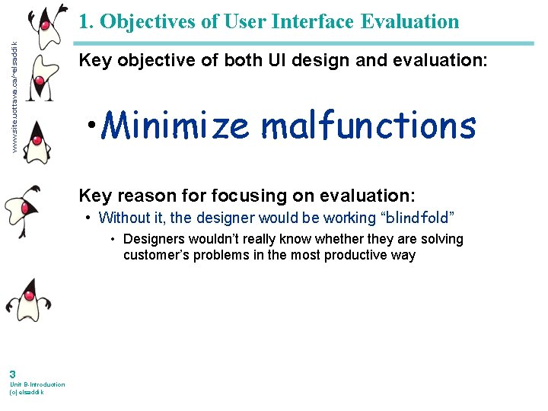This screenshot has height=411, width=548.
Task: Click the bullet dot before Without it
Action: (x=90, y=218)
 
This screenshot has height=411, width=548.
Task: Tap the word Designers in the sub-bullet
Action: (x=152, y=239)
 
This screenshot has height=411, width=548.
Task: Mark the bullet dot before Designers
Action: (x=112, y=239)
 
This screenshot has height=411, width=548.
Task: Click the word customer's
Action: (x=155, y=255)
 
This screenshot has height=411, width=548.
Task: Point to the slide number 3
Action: (x=12, y=374)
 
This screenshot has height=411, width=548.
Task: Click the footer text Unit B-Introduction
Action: (x=37, y=384)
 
